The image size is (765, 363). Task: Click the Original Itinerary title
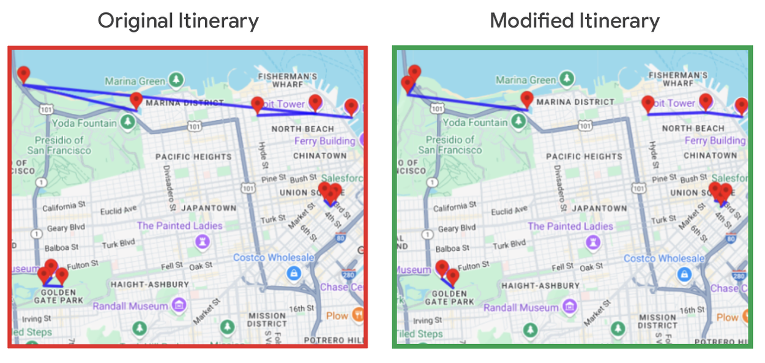178,21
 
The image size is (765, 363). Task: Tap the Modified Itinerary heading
575,21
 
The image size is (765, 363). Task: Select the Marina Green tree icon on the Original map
176,80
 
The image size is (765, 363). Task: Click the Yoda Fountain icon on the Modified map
519,122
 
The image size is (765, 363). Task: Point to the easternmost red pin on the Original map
351,107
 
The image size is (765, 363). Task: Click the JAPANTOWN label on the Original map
209,208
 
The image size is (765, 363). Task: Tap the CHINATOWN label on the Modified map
711,155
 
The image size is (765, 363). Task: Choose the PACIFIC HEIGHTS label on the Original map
193,157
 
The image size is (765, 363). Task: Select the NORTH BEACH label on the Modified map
693,129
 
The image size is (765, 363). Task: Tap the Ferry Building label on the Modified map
714,141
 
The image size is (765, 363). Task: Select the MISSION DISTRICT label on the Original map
267,320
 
